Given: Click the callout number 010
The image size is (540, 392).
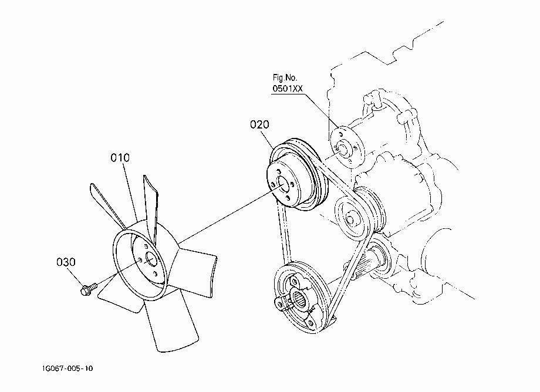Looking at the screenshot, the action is [x=120, y=158].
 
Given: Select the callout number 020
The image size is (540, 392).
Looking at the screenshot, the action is [x=259, y=124].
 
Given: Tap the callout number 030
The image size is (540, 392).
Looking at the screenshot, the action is [x=66, y=262].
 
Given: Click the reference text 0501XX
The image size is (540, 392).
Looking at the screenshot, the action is [x=288, y=89].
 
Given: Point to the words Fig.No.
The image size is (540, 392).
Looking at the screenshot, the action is [x=285, y=77].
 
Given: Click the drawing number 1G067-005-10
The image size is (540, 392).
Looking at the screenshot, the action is [x=67, y=369].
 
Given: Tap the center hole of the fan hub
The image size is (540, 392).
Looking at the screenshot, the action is [x=151, y=259].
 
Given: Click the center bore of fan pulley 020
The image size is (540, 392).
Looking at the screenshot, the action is [x=283, y=185].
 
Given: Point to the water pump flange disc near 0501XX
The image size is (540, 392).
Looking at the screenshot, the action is [x=347, y=148].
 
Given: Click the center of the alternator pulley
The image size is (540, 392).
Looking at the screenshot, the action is [x=350, y=219].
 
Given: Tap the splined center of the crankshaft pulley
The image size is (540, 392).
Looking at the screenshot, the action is [x=299, y=298].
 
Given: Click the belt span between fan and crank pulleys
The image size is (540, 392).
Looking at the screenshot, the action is [x=285, y=234].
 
